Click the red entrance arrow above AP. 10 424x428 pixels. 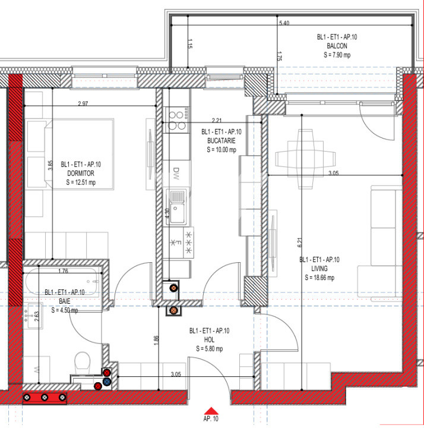coord(211,410)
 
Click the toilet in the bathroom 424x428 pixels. coord(82,361)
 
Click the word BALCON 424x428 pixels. coord(337,46)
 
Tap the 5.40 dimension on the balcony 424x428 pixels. coord(284,23)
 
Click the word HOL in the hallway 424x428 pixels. coord(209,340)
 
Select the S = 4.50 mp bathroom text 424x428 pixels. coord(64,310)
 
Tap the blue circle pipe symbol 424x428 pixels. coord(107,381)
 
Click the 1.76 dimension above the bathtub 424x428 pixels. coord(64,272)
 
